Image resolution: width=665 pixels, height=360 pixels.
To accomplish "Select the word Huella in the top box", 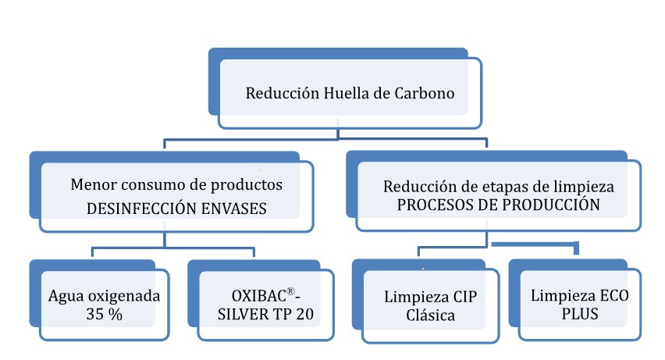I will click(x=340, y=94).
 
